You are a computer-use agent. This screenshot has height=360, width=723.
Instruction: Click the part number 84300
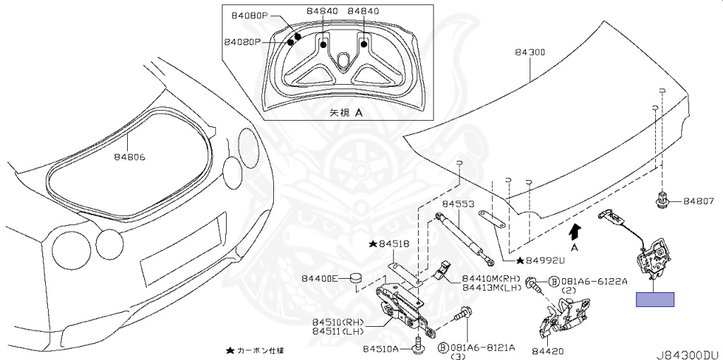530,52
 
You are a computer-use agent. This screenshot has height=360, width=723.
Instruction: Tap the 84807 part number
698,202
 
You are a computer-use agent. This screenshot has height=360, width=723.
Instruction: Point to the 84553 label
458,204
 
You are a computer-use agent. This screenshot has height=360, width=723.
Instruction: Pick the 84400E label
321,277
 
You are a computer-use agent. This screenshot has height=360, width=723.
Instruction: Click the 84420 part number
548,350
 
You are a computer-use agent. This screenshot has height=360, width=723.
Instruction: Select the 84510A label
381,349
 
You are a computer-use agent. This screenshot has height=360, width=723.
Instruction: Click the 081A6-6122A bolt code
593,280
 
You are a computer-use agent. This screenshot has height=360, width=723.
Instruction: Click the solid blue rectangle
655,299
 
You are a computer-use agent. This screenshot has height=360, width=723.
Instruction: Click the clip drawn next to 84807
662,200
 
